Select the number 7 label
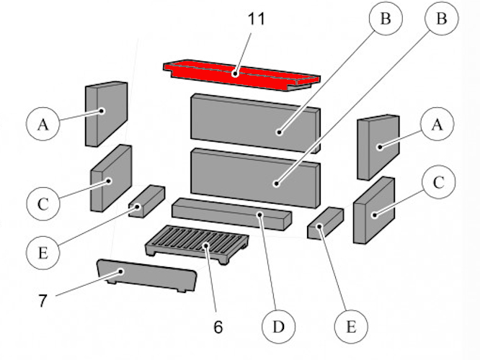pos(43,300)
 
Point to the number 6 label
pos(218,326)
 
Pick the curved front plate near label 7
pos(144,276)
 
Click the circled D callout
pos(278,328)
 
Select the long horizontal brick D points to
pos(231,214)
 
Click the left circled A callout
pos(43,125)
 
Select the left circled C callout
pos(43,204)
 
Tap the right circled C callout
pos(437,184)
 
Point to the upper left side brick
pos(106,113)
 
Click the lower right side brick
pos(373,210)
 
